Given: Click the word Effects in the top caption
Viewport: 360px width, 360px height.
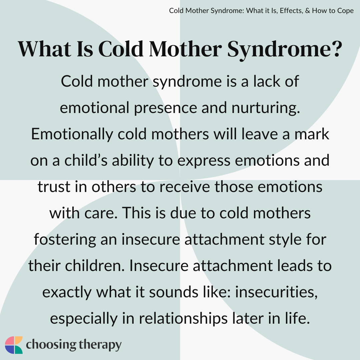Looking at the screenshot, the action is [291, 11].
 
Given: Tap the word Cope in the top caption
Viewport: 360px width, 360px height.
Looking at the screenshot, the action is [344, 11].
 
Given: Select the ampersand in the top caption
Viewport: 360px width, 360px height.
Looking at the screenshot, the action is [307, 11].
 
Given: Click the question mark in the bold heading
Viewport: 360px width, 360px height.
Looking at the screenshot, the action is [336, 49].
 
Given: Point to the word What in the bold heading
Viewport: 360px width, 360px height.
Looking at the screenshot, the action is [44, 49].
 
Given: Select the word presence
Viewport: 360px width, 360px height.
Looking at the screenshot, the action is [165, 108].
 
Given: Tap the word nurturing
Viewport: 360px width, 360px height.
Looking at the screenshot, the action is [266, 108].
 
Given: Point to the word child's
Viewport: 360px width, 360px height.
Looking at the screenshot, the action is [86, 160].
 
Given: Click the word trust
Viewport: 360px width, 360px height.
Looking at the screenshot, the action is [54, 187].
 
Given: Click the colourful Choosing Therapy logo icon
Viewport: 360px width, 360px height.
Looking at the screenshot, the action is [14, 345].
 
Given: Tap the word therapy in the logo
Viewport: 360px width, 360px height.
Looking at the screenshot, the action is [100, 345].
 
